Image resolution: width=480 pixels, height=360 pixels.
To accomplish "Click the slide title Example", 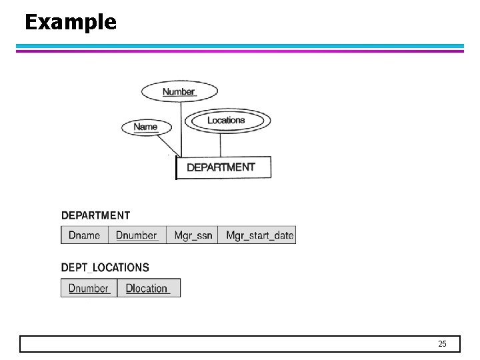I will (71, 23).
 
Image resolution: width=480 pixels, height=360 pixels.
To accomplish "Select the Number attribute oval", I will (179, 91).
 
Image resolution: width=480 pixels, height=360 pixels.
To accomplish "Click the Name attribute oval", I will (145, 127).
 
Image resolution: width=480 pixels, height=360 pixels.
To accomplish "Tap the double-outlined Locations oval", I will (227, 121).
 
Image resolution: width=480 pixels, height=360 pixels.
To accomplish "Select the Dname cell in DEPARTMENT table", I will (85, 235).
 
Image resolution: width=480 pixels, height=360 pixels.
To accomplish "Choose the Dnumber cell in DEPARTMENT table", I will (137, 235).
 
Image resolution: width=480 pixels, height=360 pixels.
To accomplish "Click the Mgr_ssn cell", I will (192, 235).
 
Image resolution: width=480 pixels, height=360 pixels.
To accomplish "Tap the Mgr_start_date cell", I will (257, 235).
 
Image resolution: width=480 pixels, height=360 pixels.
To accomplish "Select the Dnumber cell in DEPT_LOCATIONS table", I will (89, 288).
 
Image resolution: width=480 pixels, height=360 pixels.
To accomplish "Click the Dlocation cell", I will (148, 288).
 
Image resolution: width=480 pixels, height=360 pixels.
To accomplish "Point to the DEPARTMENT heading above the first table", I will (95, 215).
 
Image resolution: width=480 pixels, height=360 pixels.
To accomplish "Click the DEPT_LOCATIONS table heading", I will (105, 267).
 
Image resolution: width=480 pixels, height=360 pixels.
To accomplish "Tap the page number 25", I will (442, 344).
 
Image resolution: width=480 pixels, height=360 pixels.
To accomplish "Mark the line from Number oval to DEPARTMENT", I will (181, 127).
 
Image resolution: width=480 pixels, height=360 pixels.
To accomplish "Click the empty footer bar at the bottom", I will (227, 344).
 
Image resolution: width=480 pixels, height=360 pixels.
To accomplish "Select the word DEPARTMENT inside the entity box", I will (221, 167).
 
